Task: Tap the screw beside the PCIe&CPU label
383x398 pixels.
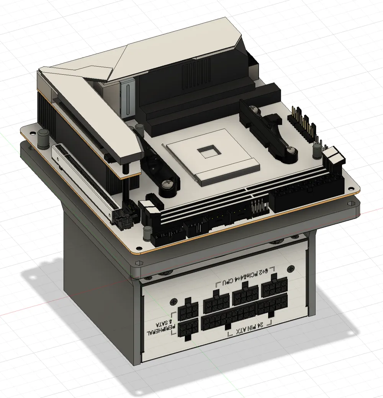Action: (291, 269)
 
